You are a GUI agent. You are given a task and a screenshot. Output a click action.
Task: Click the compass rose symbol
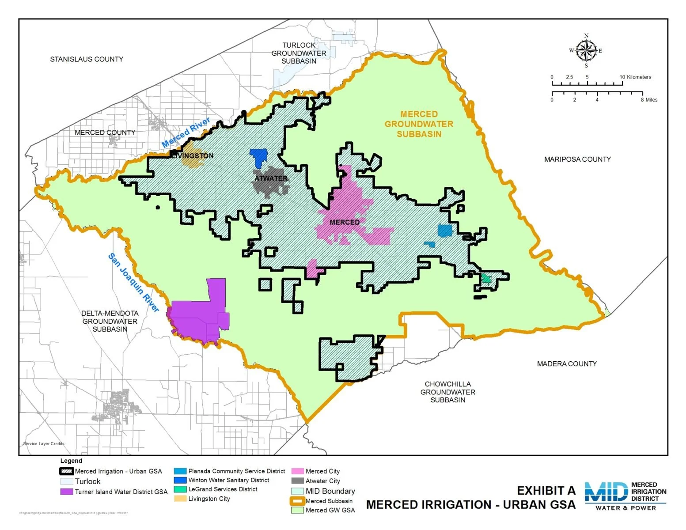586,50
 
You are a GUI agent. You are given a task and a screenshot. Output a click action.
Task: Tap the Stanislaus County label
87,59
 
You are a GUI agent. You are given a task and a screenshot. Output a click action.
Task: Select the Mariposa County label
577,159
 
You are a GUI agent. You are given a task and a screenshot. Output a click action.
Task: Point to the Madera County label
566,364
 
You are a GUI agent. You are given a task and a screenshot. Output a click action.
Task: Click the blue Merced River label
186,133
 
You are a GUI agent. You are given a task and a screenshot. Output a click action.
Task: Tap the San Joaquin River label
133,283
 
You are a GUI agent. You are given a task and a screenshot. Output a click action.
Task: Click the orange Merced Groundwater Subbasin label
419,124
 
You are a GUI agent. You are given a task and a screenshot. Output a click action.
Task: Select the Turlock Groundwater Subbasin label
299,53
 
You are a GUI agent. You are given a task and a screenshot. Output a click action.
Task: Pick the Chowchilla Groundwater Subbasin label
447,392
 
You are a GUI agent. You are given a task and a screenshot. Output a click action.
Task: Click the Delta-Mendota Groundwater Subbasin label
110,321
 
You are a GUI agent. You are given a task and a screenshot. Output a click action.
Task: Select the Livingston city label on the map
193,156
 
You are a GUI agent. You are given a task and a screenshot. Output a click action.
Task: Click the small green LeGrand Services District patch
486,279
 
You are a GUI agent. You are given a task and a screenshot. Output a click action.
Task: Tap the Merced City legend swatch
297,471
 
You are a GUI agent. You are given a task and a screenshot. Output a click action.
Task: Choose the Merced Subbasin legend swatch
297,501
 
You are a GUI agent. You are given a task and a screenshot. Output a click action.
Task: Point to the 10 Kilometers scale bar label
635,77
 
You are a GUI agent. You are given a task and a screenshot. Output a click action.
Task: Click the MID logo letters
606,492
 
